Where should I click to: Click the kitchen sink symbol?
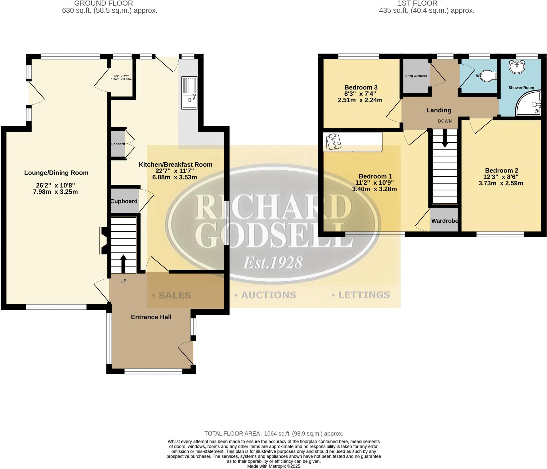pyautogui.click(x=189, y=93)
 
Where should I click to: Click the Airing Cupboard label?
pyautogui.click(x=416, y=76)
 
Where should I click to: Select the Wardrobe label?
pyautogui.click(x=445, y=221)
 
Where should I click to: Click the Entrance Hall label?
pyautogui.click(x=151, y=317)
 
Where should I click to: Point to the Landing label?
pyautogui.click(x=439, y=110)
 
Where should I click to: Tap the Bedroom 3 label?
pyautogui.click(x=361, y=87)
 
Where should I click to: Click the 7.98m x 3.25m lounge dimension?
pyautogui.click(x=55, y=192)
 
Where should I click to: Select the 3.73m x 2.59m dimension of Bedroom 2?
pyautogui.click(x=501, y=183)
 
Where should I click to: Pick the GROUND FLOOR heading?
pyautogui.click(x=103, y=3)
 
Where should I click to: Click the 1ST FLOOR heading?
pyautogui.click(x=417, y=3)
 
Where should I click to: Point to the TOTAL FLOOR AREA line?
pyautogui.click(x=273, y=433)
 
